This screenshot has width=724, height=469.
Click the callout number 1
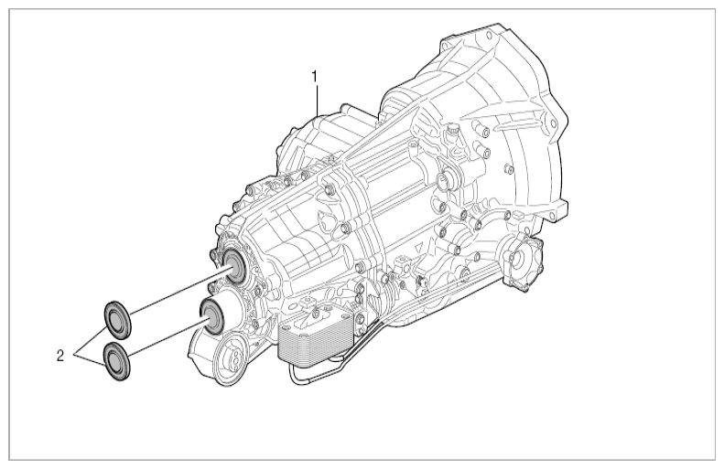316,76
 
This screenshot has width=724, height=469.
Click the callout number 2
60,356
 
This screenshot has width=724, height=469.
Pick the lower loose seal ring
116,361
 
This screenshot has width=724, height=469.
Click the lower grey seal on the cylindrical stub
211,314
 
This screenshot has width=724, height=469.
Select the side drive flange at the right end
524,263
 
